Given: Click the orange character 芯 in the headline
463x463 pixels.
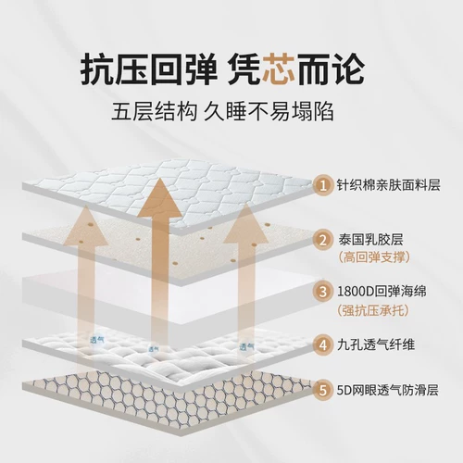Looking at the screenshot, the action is click(x=279, y=69).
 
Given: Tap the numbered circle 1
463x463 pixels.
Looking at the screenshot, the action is click(x=323, y=186).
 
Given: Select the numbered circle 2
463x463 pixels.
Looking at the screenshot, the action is click(x=323, y=240).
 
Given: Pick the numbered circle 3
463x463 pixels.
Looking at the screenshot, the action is click(x=323, y=292).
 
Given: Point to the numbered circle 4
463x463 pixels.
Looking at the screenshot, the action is click(x=323, y=344).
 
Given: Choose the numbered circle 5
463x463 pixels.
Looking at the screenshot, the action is click(x=323, y=390).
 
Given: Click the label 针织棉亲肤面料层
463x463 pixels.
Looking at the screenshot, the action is click(x=389, y=185).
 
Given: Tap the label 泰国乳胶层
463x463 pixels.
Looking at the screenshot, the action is click(x=371, y=240).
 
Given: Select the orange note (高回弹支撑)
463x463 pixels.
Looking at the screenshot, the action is click(x=374, y=257).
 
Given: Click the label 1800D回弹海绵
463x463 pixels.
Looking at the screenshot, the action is click(x=382, y=292).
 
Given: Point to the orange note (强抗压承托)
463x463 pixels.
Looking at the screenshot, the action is click(x=373, y=310).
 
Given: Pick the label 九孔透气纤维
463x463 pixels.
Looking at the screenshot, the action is click(x=376, y=344).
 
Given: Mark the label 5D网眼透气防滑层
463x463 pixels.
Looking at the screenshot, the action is click(x=388, y=390).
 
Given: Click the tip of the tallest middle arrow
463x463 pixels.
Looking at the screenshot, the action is click(x=160, y=179).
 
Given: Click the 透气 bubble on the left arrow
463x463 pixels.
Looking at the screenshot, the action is click(x=96, y=340).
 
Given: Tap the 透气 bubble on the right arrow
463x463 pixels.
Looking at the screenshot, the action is click(x=246, y=348).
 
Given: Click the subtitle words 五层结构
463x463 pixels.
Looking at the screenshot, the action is click(x=154, y=111).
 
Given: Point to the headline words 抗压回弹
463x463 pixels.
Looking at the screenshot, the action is click(x=149, y=69).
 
